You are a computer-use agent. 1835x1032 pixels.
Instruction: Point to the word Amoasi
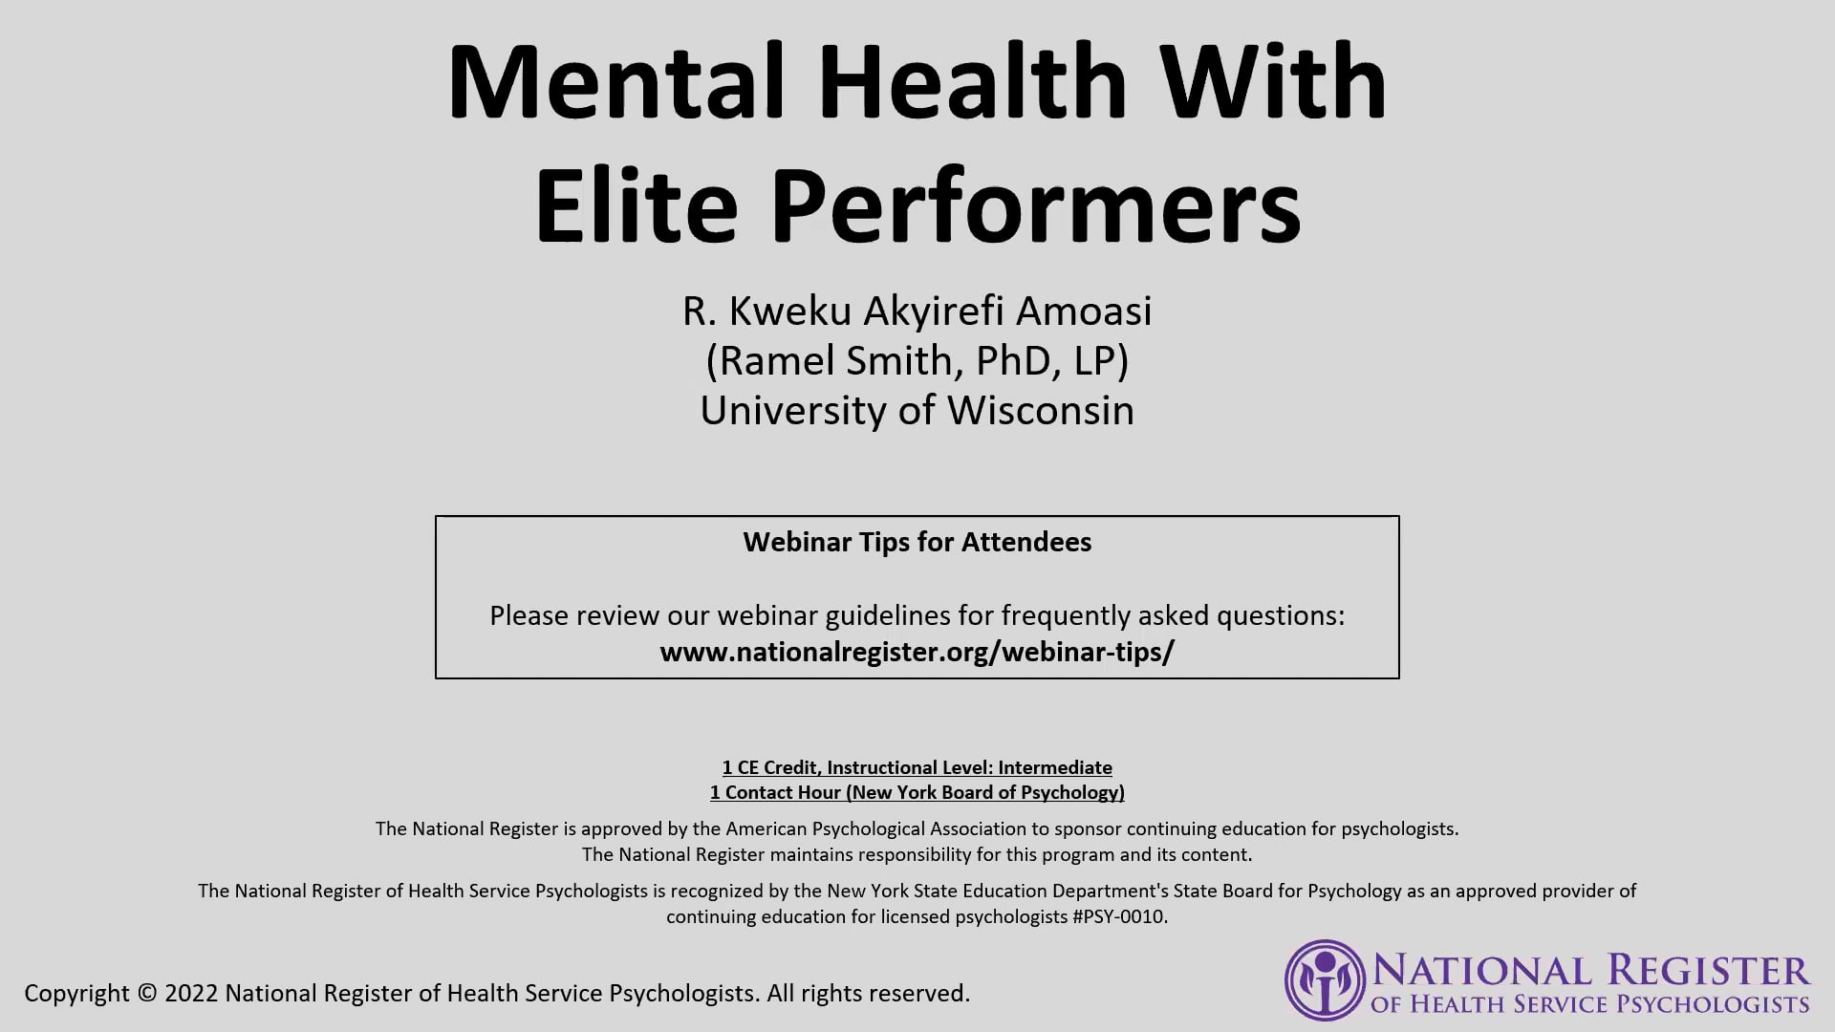click(x=1084, y=311)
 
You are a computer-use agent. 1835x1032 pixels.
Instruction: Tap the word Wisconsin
click(x=1041, y=410)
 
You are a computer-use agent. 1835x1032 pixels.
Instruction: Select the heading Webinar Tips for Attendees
click(x=917, y=542)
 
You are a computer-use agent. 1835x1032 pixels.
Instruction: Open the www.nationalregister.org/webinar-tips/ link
click(x=917, y=652)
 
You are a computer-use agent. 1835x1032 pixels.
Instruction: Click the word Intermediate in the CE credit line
click(x=1055, y=767)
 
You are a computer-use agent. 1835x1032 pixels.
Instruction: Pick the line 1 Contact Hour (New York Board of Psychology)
click(x=917, y=792)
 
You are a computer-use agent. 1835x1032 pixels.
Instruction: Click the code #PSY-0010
click(x=1120, y=916)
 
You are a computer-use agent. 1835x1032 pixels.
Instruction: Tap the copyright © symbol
click(x=146, y=993)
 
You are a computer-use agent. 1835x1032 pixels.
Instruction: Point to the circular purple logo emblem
click(x=1325, y=980)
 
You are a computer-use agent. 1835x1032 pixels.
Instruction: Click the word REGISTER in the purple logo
click(x=1708, y=971)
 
